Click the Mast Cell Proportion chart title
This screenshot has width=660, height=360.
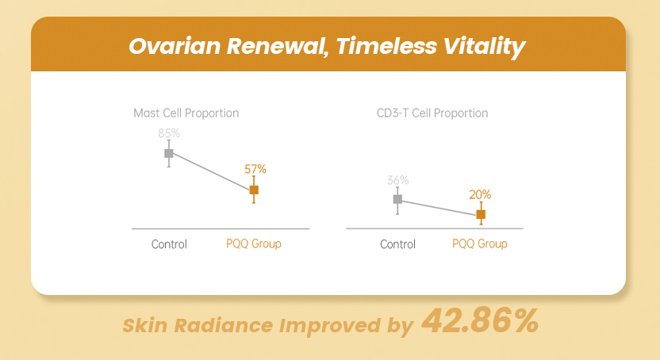tap(186, 113)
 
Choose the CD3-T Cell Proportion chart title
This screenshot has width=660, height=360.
tap(432, 113)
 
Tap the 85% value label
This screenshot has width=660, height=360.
tap(169, 133)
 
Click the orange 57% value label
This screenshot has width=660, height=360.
tap(255, 169)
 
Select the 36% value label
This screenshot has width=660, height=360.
tap(397, 180)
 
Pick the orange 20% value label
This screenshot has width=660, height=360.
tap(480, 194)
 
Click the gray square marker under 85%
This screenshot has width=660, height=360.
tap(169, 152)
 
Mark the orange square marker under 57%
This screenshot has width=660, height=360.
tap(254, 190)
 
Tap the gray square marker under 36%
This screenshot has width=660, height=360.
tap(397, 199)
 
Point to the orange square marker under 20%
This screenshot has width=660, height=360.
tap(481, 214)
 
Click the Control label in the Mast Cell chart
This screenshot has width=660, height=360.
tap(169, 244)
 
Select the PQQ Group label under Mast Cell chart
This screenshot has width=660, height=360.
tap(254, 244)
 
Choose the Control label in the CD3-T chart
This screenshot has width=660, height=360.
tap(397, 244)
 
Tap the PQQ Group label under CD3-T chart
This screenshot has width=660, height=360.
tap(480, 244)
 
